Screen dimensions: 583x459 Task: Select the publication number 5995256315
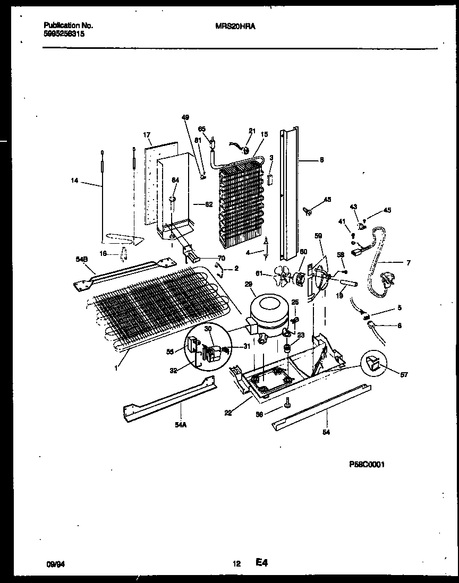63,33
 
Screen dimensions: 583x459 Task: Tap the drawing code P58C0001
366,464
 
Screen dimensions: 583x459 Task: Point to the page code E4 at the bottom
261,563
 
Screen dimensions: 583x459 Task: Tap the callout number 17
147,135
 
